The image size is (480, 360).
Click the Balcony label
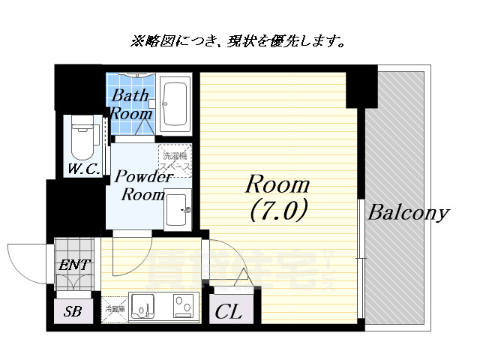point(407,213)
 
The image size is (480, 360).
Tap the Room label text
point(277,184)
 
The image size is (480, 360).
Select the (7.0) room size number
point(277,211)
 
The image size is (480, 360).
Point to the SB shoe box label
point(73,311)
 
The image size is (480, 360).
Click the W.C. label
point(82,169)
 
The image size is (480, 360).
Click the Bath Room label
point(132,105)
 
